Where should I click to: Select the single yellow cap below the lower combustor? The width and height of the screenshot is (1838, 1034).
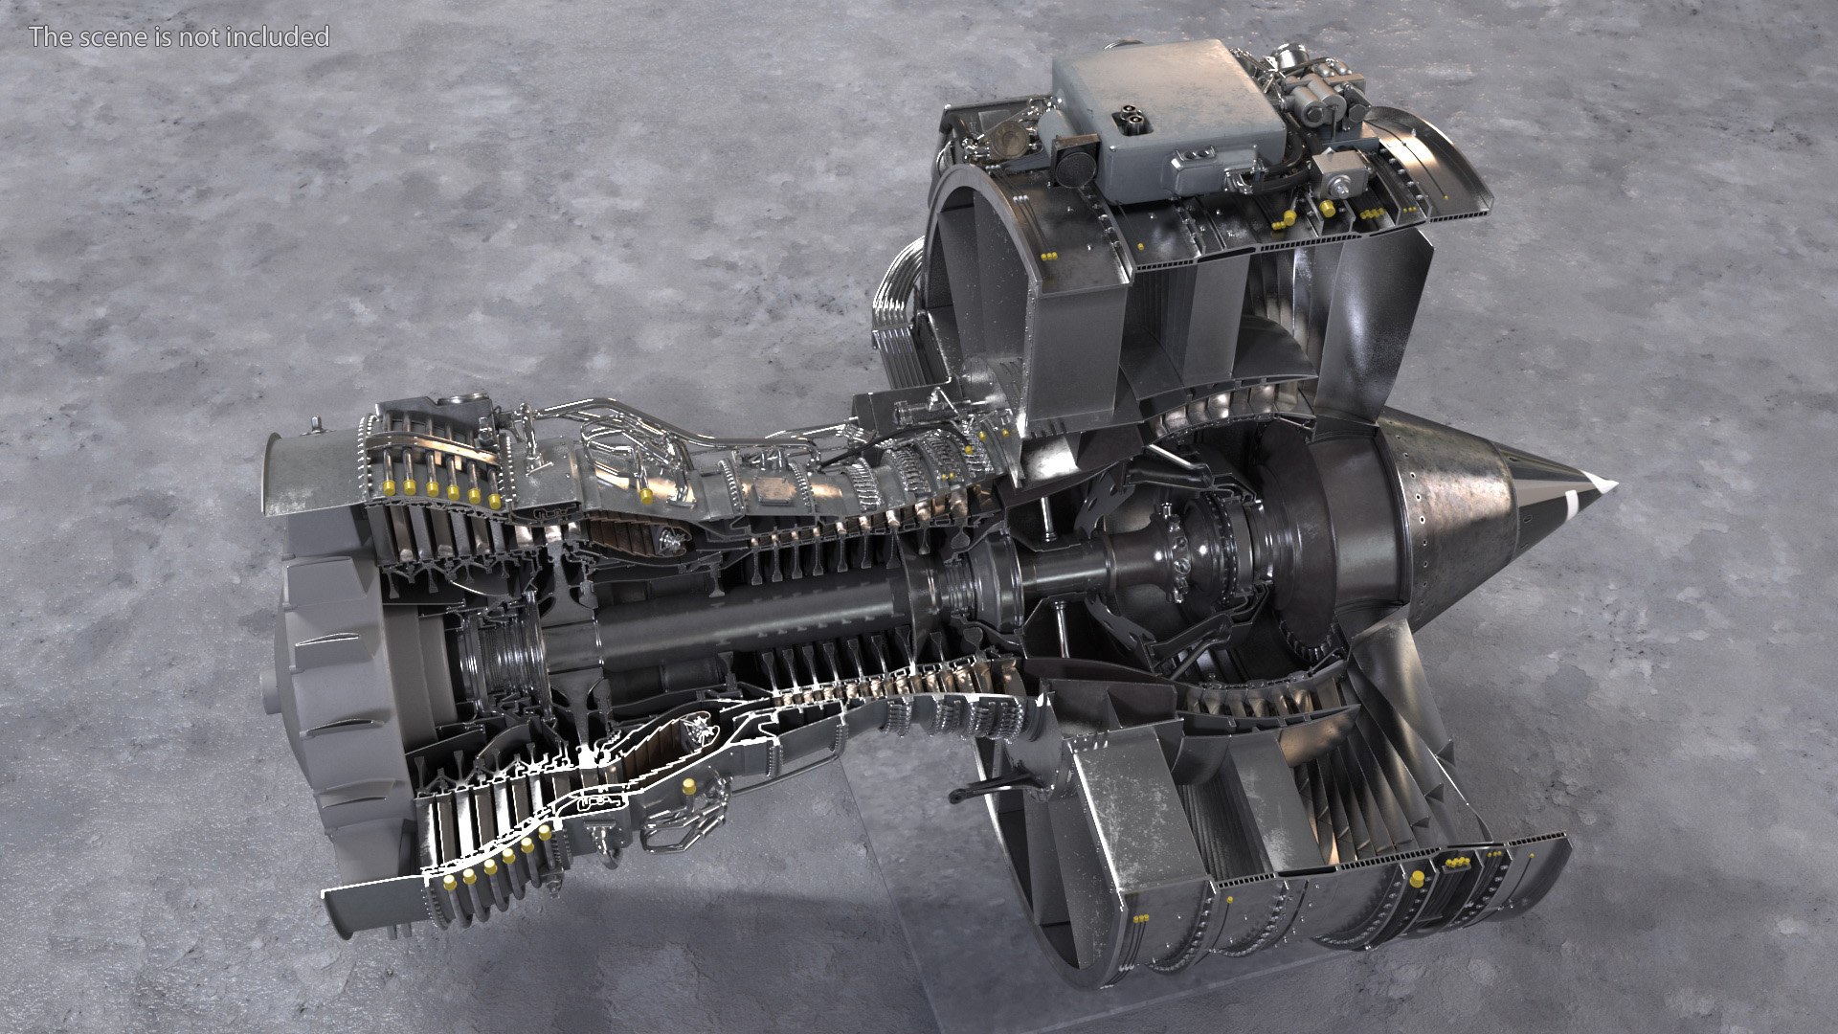coord(688,786)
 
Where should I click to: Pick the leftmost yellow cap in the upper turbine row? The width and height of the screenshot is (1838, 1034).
coord(390,487)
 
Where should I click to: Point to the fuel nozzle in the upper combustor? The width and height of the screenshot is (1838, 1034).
coord(668,543)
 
